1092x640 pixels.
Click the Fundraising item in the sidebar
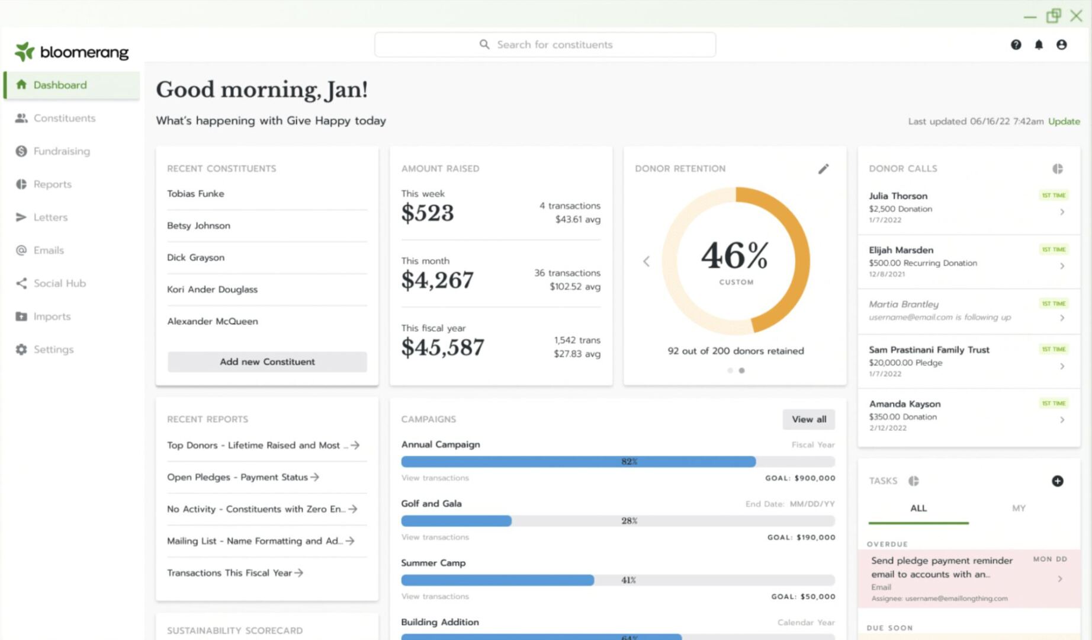click(x=62, y=151)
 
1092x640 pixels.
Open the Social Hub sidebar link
click(x=59, y=283)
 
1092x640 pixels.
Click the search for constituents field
click(x=545, y=44)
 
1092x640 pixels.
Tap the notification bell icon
click(x=1039, y=44)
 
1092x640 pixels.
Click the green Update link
click(x=1064, y=121)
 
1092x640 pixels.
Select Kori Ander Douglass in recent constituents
click(x=212, y=289)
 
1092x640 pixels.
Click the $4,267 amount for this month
click(x=437, y=280)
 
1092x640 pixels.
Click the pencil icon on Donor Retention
click(x=823, y=169)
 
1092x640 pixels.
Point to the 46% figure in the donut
click(x=734, y=256)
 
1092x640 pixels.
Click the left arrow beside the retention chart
click(x=646, y=261)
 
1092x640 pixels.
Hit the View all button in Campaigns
click(x=808, y=419)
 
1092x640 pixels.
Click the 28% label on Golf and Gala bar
click(x=629, y=521)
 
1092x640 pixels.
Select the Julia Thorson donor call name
click(x=898, y=196)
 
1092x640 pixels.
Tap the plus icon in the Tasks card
click(x=1057, y=481)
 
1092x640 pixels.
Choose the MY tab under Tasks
click(x=1018, y=508)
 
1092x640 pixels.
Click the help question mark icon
click(x=1016, y=44)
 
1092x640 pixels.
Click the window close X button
click(x=1076, y=15)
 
